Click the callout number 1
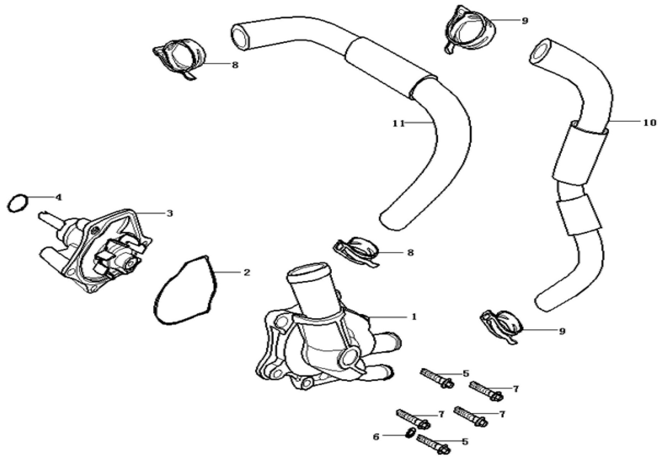(x=414, y=317)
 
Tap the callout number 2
(x=246, y=273)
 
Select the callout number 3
(x=169, y=213)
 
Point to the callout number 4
(x=58, y=197)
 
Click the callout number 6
(x=376, y=437)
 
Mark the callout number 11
(x=399, y=123)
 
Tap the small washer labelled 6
(x=410, y=434)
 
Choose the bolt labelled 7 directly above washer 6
(x=412, y=419)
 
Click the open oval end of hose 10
(x=541, y=51)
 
